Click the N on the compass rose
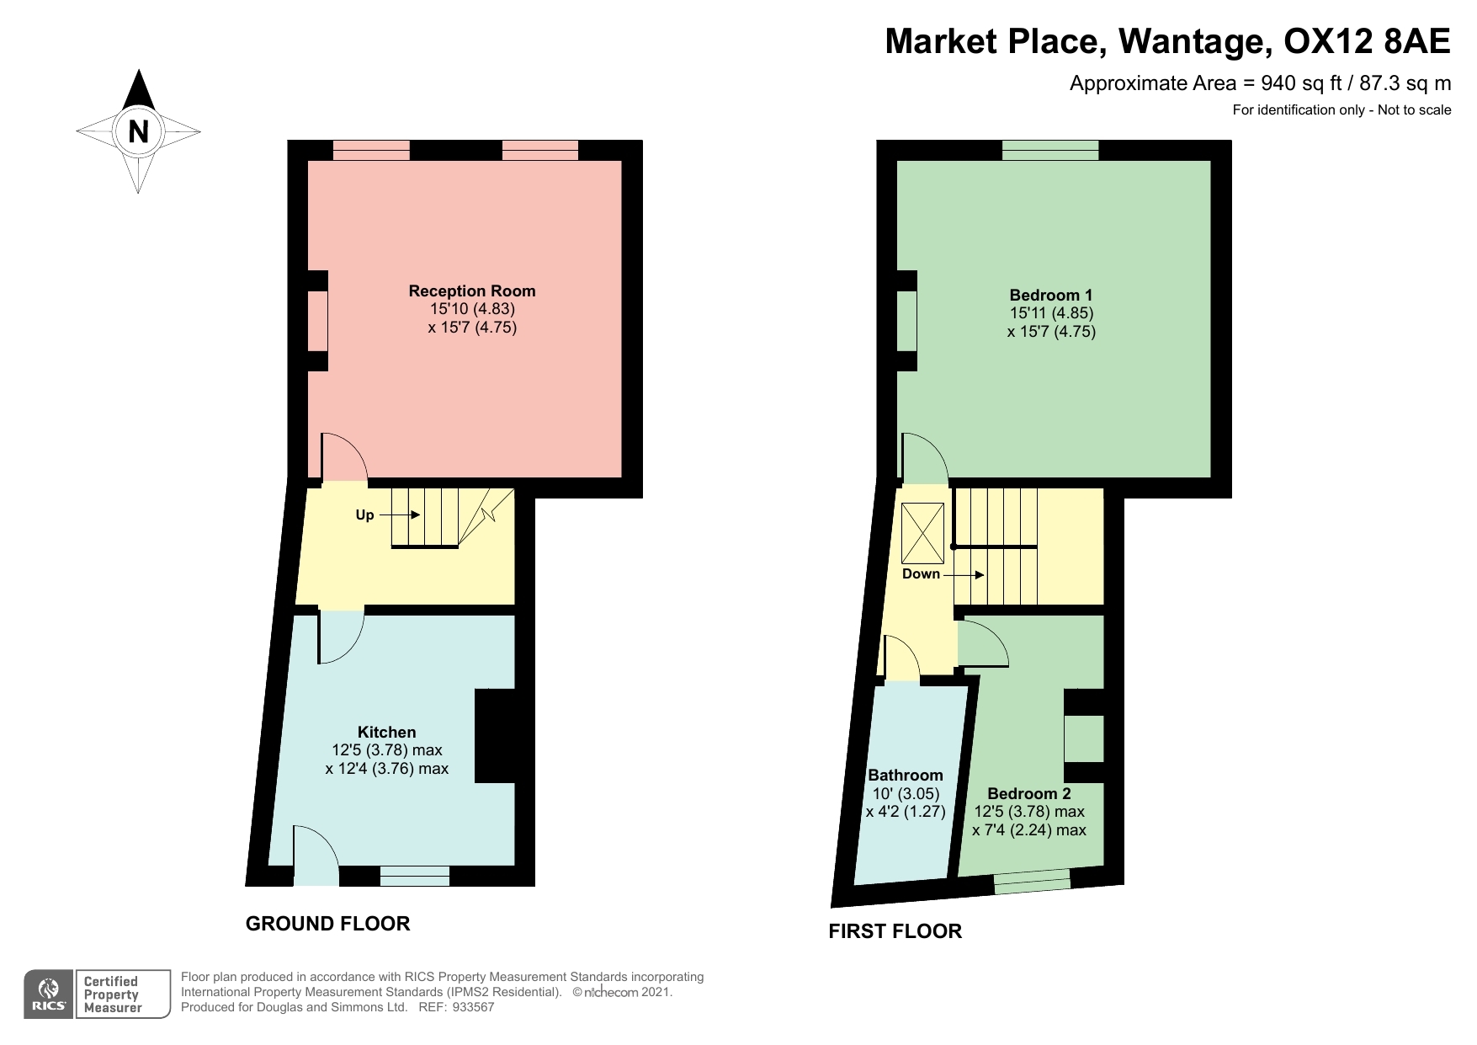click(x=138, y=131)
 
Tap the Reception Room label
click(x=472, y=291)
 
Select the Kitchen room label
click(x=387, y=733)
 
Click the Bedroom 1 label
click(x=1051, y=296)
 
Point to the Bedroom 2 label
click(x=1029, y=794)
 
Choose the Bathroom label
click(x=906, y=776)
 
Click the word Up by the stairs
click(x=364, y=515)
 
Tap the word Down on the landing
click(x=921, y=574)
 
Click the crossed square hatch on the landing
click(x=923, y=534)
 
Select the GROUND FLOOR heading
click(x=328, y=924)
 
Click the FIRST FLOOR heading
click(x=895, y=931)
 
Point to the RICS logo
click(x=49, y=994)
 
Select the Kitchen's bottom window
click(x=415, y=876)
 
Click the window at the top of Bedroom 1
click(x=1050, y=150)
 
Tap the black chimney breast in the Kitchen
click(x=496, y=737)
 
